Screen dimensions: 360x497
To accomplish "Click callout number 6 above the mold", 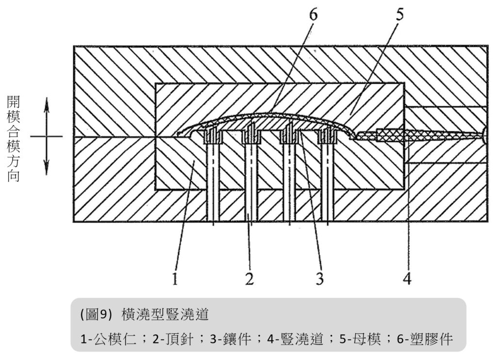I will [313, 15].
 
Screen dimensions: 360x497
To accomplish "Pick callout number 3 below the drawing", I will [319, 278].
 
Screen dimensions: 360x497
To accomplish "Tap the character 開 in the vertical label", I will [13, 102].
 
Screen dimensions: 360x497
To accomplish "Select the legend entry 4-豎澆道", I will [296, 339].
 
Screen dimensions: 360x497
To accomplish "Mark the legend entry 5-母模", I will [362, 339].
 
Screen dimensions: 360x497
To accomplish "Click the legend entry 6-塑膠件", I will [427, 339].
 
